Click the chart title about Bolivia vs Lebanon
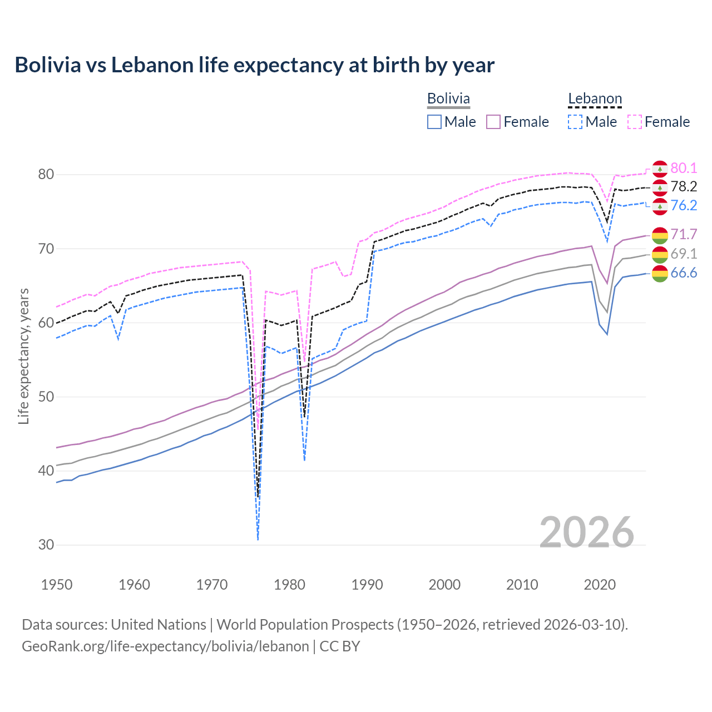(x=254, y=65)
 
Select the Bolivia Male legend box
(x=434, y=122)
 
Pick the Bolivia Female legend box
(x=493, y=122)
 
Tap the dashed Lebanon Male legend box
(x=575, y=122)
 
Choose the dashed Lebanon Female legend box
(x=635, y=122)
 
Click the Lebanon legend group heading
(x=595, y=99)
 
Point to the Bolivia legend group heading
(x=448, y=98)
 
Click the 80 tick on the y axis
(x=46, y=174)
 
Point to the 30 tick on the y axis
(x=46, y=545)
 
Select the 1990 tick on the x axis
(x=367, y=585)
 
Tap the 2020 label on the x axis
(x=600, y=585)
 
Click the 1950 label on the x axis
(x=57, y=585)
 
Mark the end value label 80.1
(x=684, y=168)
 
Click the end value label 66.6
(x=684, y=273)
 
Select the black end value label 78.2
(x=684, y=186)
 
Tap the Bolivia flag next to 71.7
(x=660, y=235)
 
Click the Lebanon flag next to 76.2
(x=660, y=206)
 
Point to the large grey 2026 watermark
(x=586, y=532)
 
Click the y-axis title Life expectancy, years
(x=23, y=356)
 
